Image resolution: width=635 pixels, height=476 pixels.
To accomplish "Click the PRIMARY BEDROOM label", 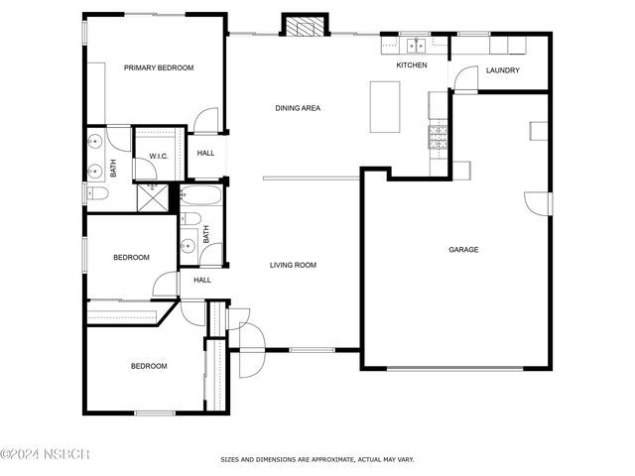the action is [159, 67].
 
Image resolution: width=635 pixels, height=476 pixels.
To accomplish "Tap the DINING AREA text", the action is [298, 108].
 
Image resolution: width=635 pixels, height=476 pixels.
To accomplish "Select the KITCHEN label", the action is [412, 65].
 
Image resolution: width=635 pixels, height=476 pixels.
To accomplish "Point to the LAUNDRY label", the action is [503, 70].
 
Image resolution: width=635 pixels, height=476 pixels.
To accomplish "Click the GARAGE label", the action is [463, 250].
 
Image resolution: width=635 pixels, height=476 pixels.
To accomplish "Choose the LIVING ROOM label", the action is [293, 265].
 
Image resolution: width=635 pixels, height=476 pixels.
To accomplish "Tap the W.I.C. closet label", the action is [159, 157].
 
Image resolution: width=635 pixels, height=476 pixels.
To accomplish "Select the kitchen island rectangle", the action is [385, 107].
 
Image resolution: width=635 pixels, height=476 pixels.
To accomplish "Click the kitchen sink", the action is [416, 46].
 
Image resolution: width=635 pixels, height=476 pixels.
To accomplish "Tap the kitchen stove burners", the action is [438, 137].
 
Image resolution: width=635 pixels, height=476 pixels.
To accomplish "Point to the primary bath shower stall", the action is [153, 198].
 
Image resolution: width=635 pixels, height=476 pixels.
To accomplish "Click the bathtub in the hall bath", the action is [200, 196].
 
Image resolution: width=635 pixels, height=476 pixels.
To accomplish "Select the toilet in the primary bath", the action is [97, 193].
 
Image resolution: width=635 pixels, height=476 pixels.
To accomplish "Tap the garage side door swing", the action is [537, 203].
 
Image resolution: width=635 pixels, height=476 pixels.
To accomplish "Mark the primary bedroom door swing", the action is [206, 120].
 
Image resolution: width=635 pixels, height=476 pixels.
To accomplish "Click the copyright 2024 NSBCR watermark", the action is [45, 454].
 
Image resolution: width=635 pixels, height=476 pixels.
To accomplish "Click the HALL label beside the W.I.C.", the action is [205, 153].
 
